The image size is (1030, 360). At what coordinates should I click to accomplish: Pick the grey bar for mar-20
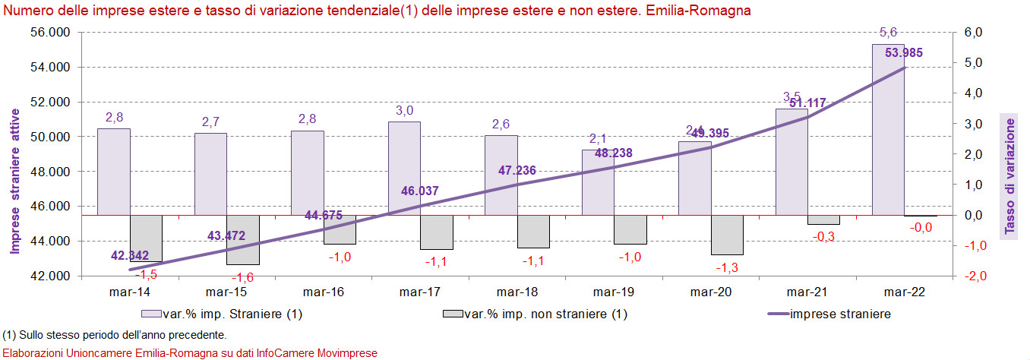(x=727, y=235)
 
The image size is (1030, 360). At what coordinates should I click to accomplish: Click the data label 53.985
(x=903, y=52)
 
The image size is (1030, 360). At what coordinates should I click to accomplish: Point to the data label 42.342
(x=130, y=255)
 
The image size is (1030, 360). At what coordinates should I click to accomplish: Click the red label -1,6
(x=243, y=278)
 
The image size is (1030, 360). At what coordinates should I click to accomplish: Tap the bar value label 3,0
(x=404, y=111)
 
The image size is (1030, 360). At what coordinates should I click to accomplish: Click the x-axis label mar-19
(x=613, y=292)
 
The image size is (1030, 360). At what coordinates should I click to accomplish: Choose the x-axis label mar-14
(x=129, y=292)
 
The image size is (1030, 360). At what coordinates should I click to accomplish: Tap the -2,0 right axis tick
(x=974, y=276)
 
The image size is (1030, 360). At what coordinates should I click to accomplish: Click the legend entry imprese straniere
(x=840, y=314)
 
